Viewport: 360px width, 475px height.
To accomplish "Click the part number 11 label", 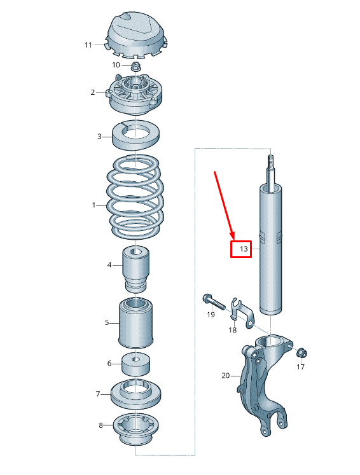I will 89,45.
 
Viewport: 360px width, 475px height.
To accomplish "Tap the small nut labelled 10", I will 135,65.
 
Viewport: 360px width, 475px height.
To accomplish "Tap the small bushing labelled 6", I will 135,364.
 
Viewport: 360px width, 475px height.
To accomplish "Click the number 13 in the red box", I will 243,249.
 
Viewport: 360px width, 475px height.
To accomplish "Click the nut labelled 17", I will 301,352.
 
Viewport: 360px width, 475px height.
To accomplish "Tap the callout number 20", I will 225,376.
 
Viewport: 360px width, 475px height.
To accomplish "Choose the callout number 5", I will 107,323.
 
